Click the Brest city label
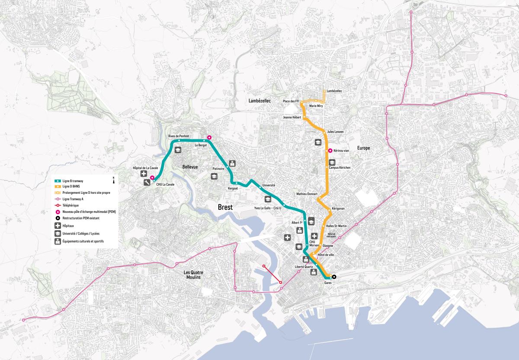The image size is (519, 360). point(225,207)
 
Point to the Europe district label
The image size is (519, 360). point(363,148)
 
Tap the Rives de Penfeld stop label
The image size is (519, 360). point(179,136)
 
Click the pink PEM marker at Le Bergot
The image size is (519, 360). point(209,138)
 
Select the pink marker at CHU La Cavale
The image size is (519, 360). point(152,177)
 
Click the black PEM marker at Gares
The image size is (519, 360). point(334,277)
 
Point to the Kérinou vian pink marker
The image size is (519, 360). point(330,151)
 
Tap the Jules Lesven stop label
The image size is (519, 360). point(336,131)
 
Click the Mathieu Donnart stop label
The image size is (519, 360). point(307,194)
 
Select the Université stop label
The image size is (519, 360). point(269,185)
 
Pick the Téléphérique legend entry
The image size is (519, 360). point(70,205)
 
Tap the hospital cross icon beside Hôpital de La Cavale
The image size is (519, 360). point(144,174)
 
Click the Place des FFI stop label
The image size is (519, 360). point(291,101)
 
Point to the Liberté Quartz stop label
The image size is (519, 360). point(304,267)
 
